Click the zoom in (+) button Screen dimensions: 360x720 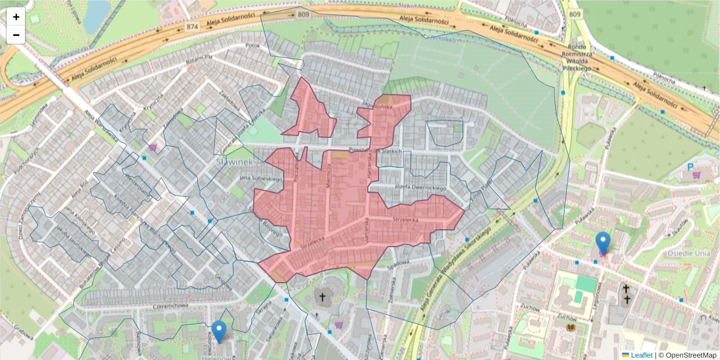[16, 17]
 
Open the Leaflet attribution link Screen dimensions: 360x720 [641, 355]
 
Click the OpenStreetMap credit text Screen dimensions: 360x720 [687, 355]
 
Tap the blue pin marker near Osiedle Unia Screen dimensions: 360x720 [603, 243]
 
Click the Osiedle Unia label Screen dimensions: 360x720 [689, 253]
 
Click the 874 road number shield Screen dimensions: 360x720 [192, 27]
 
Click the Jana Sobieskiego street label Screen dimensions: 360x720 [261, 178]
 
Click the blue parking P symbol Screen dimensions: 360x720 [690, 166]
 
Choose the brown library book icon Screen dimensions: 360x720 [570, 328]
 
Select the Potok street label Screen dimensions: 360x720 [252, 45]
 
